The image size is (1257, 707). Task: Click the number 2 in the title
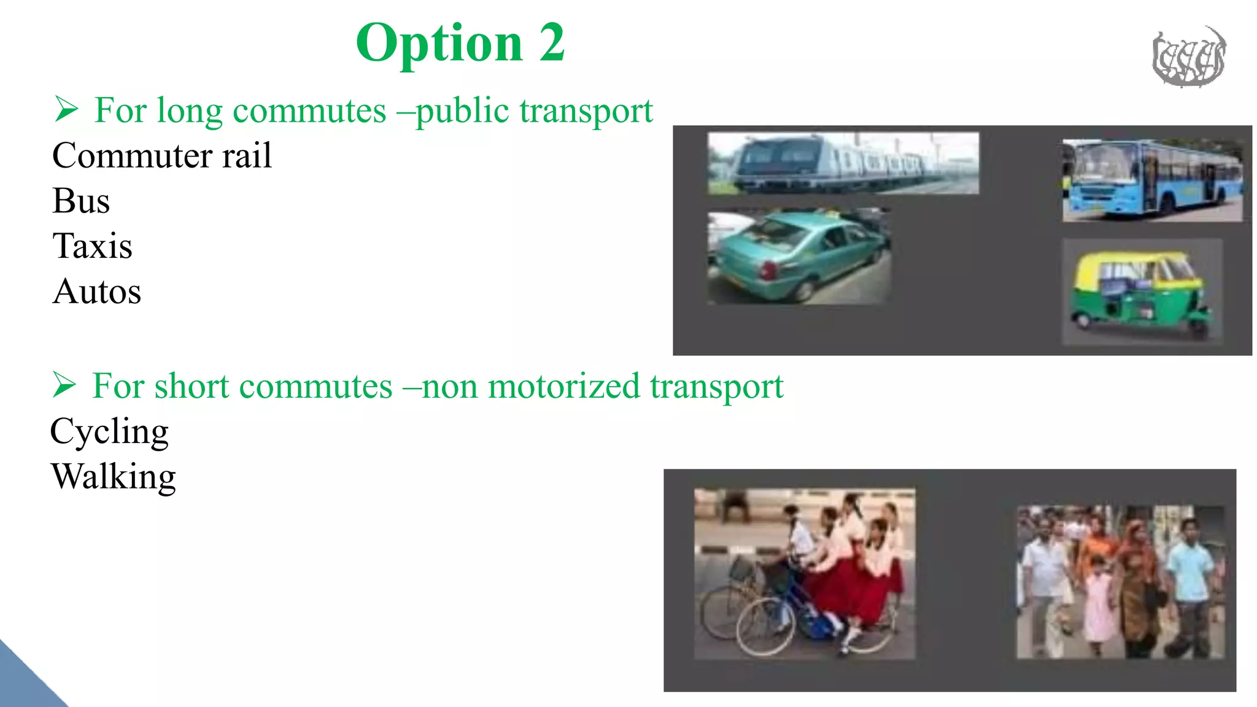(552, 43)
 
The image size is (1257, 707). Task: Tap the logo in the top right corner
(1188, 57)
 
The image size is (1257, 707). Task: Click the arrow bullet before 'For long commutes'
(66, 110)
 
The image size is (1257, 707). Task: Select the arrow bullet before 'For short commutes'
(64, 385)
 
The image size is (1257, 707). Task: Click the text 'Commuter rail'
(162, 155)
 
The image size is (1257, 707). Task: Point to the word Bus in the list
(81, 201)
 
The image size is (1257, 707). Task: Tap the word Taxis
(92, 246)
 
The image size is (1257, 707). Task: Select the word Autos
(97, 292)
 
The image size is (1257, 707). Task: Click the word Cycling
(109, 431)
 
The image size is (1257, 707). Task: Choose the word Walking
(114, 477)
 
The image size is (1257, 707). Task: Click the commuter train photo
(843, 163)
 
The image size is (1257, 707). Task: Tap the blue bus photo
(1153, 180)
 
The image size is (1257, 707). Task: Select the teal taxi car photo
(798, 256)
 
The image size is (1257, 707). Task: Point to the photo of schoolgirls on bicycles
(804, 573)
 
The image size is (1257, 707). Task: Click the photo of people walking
(1120, 582)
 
